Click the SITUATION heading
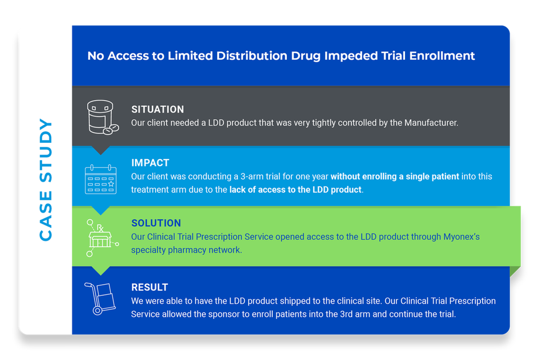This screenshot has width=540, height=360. click(157, 109)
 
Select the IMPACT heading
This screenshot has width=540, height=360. click(150, 163)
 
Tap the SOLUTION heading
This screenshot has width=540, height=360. click(156, 223)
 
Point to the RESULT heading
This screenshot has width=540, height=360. click(150, 287)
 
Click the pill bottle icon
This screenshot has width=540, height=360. click(102, 117)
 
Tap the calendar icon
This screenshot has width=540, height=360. click(101, 179)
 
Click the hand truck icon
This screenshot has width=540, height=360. click(100, 298)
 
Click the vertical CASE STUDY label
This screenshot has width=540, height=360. click(46, 180)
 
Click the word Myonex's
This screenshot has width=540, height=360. click(461, 237)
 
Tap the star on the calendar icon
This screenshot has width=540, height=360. click(111, 183)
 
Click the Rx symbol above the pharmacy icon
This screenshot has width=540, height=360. click(100, 228)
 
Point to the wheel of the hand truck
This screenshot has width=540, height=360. click(97, 310)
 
